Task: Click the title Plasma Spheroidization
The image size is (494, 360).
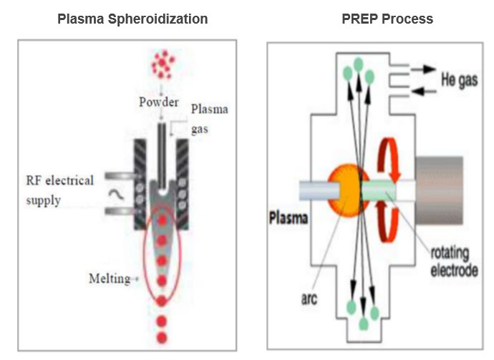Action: click(x=132, y=19)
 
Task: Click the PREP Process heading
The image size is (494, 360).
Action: click(x=387, y=19)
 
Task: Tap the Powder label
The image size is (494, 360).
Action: click(x=159, y=102)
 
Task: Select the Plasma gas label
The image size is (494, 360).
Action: click(x=209, y=117)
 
